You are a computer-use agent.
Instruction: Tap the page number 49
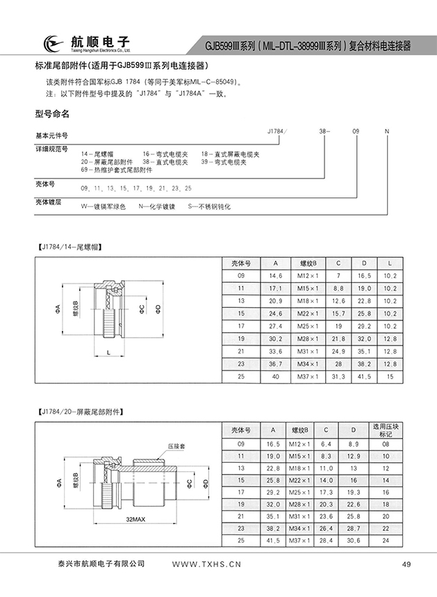(406, 564)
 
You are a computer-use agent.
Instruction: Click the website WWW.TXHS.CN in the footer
(206, 564)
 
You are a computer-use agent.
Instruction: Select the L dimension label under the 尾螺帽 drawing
(109, 354)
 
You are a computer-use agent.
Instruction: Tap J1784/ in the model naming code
(277, 131)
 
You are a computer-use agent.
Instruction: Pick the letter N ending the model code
(387, 131)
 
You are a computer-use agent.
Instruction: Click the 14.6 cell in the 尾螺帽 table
(274, 275)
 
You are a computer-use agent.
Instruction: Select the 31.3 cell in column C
(338, 376)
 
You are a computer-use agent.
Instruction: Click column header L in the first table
(390, 263)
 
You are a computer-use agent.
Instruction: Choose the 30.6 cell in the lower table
(353, 540)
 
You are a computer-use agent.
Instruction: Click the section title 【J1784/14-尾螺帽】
(73, 246)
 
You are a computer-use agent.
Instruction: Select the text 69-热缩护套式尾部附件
(117, 170)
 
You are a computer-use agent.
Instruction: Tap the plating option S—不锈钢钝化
(205, 206)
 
